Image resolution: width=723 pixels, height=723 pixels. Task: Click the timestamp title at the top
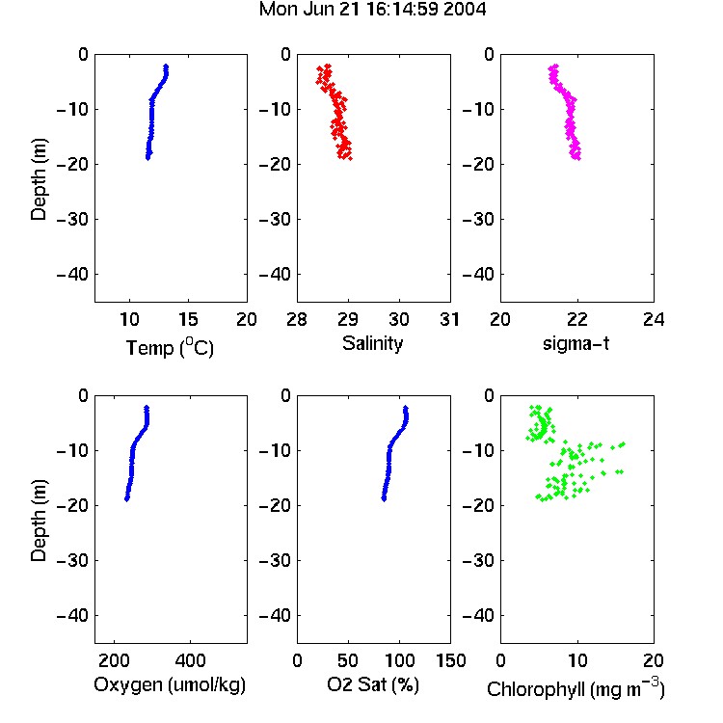tap(372, 10)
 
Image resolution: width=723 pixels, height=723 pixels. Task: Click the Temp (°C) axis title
tap(170, 347)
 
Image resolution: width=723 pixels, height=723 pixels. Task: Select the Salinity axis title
tap(372, 343)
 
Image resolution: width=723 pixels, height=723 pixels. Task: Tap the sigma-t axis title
tap(576, 343)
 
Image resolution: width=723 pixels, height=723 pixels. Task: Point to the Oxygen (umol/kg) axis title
tap(170, 684)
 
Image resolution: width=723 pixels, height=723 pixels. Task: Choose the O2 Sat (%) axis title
tap(373, 684)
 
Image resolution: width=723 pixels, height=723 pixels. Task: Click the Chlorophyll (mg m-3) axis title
tap(576, 688)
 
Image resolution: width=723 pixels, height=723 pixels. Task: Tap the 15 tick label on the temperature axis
tap(188, 319)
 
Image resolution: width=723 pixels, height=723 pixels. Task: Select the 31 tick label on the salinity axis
tap(450, 319)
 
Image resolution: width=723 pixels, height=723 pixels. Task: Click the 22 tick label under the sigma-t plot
tap(577, 319)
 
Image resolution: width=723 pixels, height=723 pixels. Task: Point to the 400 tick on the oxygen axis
tap(191, 660)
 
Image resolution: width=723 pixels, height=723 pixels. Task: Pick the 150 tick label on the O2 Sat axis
tap(450, 660)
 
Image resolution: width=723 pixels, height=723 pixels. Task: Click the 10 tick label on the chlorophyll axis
tap(577, 660)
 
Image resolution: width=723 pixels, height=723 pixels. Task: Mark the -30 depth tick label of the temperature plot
tap(72, 219)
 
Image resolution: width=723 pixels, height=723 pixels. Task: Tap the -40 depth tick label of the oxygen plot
tap(72, 615)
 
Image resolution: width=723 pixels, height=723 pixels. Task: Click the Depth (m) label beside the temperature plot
tap(39, 179)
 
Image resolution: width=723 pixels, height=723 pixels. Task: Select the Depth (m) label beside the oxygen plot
tap(39, 521)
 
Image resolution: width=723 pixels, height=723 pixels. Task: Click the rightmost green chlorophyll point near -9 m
tap(623, 444)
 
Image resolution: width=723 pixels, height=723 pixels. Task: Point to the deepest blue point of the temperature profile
tap(148, 158)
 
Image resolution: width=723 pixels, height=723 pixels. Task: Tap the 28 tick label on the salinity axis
tap(297, 319)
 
